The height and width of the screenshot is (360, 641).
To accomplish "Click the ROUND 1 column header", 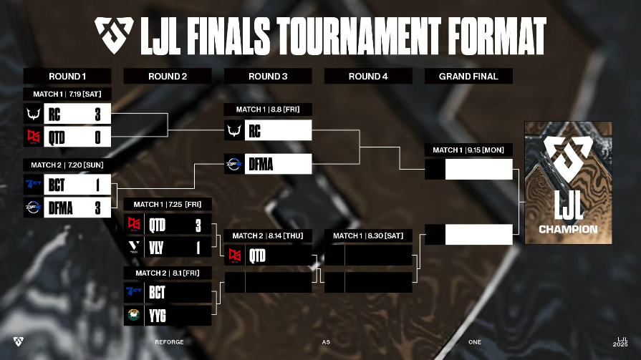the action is [x=67, y=77].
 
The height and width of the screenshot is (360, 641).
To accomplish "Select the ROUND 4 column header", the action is [x=368, y=77].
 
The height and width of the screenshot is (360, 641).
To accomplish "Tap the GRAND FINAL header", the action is [x=468, y=77].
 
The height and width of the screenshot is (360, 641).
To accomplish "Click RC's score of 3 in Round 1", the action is [x=97, y=115].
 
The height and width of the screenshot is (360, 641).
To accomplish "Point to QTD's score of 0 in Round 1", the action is [x=97, y=137].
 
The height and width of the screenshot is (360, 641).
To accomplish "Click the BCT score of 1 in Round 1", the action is [x=97, y=185].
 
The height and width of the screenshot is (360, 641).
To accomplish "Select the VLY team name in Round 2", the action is [x=156, y=248].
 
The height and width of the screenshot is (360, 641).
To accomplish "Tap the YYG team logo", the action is [x=134, y=315].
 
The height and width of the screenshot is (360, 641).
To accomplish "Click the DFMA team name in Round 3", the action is [x=261, y=165].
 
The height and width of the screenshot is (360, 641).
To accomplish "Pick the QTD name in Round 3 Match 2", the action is [x=257, y=256].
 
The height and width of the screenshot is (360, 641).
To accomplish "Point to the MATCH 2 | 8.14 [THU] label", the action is [x=268, y=235].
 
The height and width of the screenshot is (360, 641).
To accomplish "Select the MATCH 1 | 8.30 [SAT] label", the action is [x=368, y=235].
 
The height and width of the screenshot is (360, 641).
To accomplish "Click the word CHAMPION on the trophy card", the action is [x=568, y=229].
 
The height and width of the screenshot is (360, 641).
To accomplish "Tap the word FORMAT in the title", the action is [x=497, y=36].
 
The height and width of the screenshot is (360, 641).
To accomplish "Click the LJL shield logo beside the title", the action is [x=114, y=35].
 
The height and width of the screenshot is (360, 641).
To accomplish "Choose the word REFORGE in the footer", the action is [x=169, y=342].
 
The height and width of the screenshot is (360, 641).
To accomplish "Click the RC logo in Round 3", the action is [x=234, y=130].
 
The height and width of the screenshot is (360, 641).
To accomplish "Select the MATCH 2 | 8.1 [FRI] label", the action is [x=168, y=273].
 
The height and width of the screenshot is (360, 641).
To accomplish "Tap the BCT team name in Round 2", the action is [x=157, y=293].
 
